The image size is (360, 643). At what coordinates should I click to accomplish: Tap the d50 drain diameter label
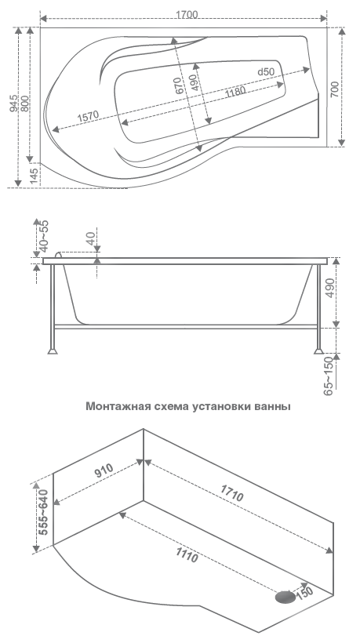pos(265,72)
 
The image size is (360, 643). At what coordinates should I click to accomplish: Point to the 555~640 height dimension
pos(44,510)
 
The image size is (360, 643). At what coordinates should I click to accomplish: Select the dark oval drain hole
pos(286,598)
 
